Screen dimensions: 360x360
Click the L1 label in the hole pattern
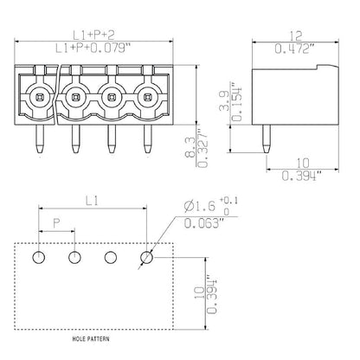tap(92, 200)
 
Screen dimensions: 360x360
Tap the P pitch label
tap(57, 223)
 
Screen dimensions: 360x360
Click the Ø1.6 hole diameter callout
tap(201, 207)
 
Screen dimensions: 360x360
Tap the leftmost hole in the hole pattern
tap(39, 257)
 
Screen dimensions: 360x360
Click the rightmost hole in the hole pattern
tap(146, 257)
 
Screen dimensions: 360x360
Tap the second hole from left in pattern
tap(74, 257)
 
